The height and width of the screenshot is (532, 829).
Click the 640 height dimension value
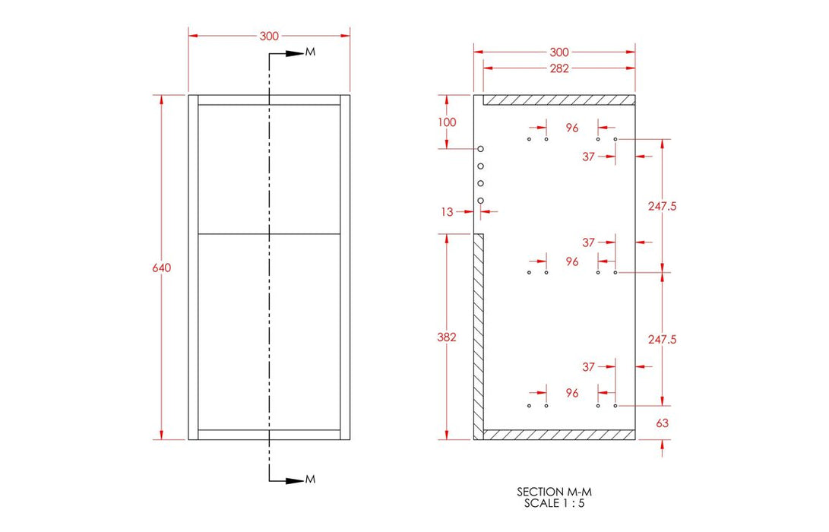(161, 268)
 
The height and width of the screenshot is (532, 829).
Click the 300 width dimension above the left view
(269, 36)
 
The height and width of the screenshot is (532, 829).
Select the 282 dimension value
(558, 68)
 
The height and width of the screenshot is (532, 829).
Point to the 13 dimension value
(447, 212)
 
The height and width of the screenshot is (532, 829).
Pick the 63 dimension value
(663, 423)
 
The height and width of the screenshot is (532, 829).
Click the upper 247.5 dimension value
(663, 206)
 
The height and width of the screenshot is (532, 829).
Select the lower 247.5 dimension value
(663, 339)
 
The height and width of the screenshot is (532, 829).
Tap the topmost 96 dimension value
(572, 128)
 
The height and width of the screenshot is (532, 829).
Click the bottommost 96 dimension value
(572, 393)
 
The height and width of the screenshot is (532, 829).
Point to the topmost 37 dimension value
(588, 157)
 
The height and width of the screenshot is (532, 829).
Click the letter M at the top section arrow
(309, 52)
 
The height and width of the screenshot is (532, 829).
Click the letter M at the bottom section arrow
(309, 480)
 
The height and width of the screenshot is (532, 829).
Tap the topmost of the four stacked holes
(481, 149)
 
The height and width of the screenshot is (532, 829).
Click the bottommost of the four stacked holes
(481, 200)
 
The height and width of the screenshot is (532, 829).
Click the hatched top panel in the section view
(558, 100)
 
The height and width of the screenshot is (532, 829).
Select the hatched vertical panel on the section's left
(479, 334)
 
